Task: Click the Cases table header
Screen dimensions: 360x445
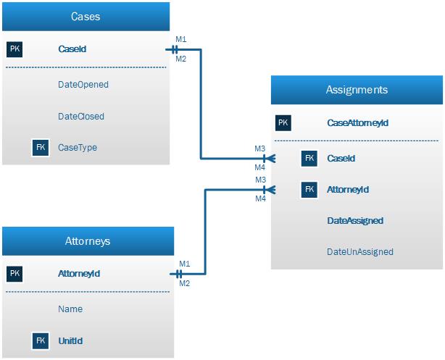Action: tap(86, 16)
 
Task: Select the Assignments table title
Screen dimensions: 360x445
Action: tap(356, 90)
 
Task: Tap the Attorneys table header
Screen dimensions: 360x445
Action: tap(88, 240)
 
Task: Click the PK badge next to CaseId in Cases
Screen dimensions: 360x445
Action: tap(15, 49)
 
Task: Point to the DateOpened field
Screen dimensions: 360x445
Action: tap(83, 84)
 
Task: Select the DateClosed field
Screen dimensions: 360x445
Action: tap(81, 116)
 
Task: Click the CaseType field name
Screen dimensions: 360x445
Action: tap(78, 148)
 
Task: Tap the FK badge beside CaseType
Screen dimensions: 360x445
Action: tap(41, 148)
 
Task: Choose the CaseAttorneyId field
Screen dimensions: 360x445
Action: tap(358, 123)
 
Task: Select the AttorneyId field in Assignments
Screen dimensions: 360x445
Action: tap(348, 190)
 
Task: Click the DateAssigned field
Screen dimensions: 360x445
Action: tap(355, 221)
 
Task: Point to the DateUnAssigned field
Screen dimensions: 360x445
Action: tap(360, 252)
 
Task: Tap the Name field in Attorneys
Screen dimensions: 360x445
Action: tap(70, 309)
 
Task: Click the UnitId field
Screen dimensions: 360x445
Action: tap(70, 340)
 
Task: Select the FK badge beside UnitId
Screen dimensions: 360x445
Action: tap(41, 340)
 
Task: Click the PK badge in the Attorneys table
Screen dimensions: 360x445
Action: tap(15, 274)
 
